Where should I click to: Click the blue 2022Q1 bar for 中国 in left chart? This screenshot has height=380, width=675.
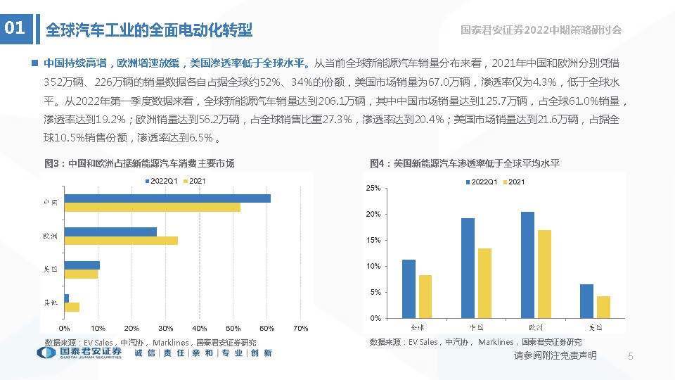click(x=167, y=198)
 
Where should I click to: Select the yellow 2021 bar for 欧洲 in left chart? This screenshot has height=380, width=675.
click(x=120, y=241)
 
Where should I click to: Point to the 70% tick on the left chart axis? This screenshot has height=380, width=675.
click(x=300, y=329)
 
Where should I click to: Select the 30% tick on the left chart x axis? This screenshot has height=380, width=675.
click(x=165, y=329)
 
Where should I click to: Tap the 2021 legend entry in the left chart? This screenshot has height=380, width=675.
click(x=197, y=182)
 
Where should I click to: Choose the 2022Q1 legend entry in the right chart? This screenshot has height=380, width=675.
click(x=483, y=182)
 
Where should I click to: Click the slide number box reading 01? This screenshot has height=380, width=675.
click(x=15, y=29)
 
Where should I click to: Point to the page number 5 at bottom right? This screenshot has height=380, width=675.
click(x=631, y=357)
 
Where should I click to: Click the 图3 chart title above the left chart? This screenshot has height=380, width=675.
click(x=139, y=163)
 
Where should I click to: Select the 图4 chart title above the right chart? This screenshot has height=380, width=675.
click(x=465, y=163)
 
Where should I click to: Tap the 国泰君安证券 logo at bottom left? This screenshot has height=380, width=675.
click(x=79, y=353)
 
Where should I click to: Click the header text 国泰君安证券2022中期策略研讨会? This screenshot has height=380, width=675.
click(x=541, y=30)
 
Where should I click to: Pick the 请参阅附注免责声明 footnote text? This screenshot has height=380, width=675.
click(x=555, y=356)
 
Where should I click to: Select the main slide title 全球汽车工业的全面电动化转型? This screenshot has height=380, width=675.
click(x=148, y=30)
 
